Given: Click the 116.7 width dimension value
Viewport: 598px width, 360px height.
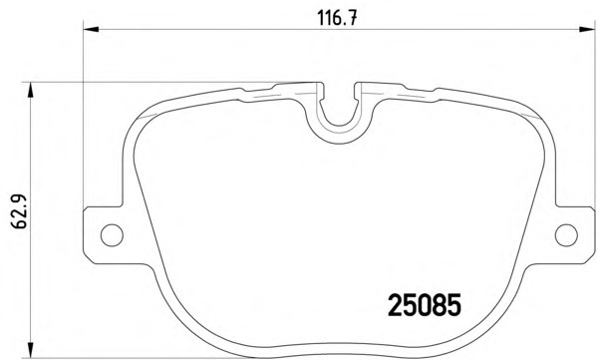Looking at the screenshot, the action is pos(338,18).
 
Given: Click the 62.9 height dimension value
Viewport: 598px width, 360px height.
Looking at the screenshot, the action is pos(18,211).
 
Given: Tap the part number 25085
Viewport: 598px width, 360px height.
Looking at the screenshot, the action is pos(425,304).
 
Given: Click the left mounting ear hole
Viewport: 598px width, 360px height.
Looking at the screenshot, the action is pos(112,234).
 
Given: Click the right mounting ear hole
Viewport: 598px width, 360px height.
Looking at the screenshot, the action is pos(566,234).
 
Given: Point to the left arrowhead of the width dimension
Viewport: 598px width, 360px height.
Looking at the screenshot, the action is pos(91,29).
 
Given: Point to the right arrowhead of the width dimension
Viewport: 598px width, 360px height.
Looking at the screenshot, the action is pos(587,29).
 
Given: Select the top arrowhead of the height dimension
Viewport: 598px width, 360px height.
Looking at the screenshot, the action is pos(30,90).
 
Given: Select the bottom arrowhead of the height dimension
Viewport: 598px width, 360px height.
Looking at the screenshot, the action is pos(30,350).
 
